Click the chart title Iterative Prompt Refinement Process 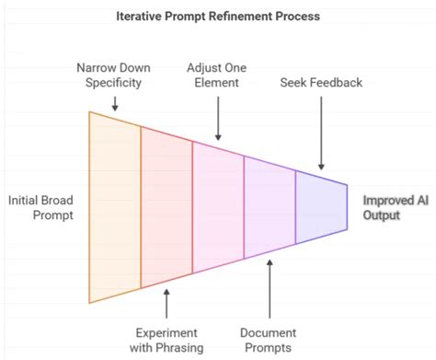click(x=218, y=17)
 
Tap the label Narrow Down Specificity click(x=114, y=75)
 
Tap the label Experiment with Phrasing click(x=166, y=339)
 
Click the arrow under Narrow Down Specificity click(x=114, y=103)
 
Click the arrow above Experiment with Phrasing click(x=166, y=303)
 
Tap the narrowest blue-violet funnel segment click(x=321, y=207)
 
